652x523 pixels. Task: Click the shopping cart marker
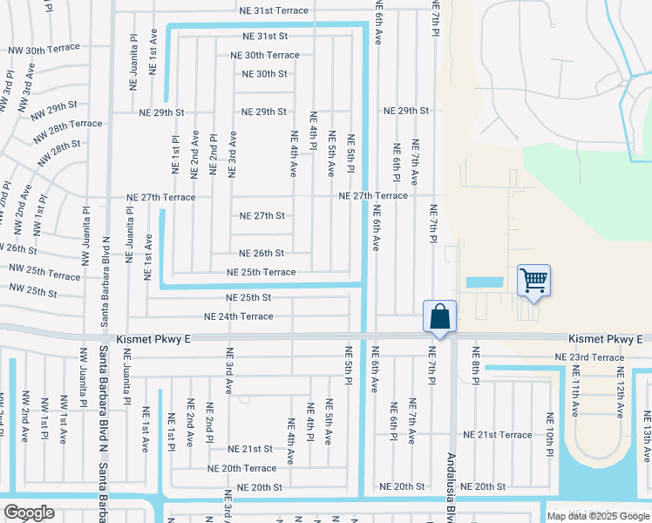pos(533,281)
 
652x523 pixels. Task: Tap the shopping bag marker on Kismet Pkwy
pos(439,316)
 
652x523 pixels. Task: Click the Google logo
pos(30,513)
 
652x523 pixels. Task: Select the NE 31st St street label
pos(265,37)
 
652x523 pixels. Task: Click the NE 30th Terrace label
pos(264,55)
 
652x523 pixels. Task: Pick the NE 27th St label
pos(262,215)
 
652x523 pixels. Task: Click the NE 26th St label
pos(261,254)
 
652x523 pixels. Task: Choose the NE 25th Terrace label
pos(261,272)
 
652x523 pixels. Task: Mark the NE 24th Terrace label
pos(238,316)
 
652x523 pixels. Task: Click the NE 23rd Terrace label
pos(590,357)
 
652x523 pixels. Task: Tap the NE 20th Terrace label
pos(241,468)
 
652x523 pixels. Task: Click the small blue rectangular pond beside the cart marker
pos(485,282)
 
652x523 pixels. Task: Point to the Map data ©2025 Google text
pos(597,516)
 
